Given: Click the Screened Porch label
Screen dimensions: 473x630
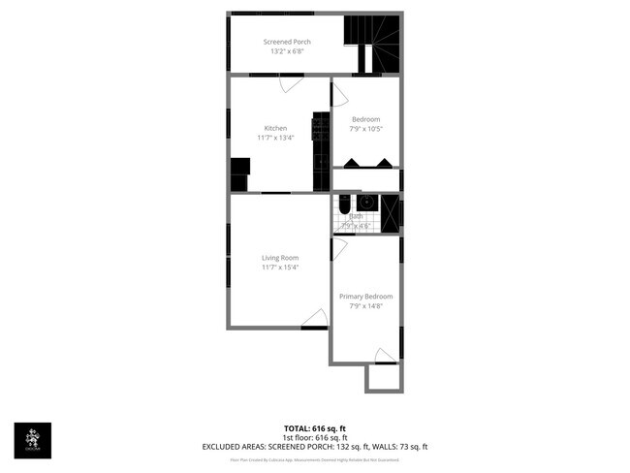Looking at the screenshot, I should [x=287, y=42].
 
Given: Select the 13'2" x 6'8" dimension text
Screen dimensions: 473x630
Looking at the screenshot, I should [x=287, y=51].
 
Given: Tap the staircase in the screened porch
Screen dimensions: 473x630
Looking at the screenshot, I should [x=372, y=44].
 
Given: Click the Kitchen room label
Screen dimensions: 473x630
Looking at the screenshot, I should [x=275, y=128].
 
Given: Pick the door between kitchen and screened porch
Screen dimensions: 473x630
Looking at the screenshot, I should [x=291, y=83].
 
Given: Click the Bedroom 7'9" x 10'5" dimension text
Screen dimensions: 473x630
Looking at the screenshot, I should [x=365, y=129].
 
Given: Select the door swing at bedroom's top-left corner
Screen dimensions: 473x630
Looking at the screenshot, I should [x=339, y=93].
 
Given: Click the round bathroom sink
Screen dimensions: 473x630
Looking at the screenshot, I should [x=366, y=203].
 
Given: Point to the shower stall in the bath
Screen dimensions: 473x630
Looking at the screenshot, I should [x=390, y=213].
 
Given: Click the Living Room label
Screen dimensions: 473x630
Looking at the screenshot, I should [x=279, y=258].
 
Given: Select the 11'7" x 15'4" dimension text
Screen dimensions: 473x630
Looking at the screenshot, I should [x=279, y=268].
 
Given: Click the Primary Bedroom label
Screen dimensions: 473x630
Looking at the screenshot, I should [x=365, y=297].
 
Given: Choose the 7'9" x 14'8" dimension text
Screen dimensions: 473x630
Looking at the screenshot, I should [x=365, y=306].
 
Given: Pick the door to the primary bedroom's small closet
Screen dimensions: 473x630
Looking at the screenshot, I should [x=385, y=354].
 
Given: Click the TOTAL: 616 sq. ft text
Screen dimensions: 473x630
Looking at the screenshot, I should [x=314, y=428].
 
